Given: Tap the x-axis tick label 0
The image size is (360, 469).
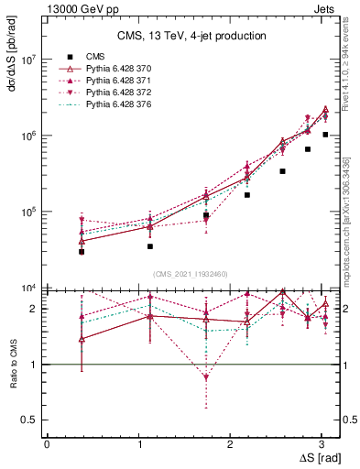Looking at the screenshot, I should [47, 443].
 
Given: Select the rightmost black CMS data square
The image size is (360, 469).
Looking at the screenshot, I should [325, 134].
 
